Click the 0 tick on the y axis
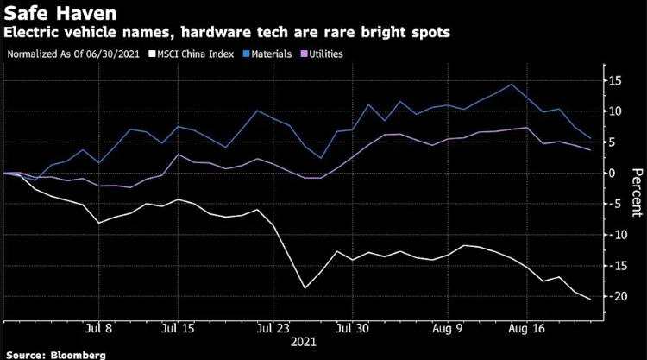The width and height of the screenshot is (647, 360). tap(616, 173)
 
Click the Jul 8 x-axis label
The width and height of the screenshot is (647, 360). tap(99, 328)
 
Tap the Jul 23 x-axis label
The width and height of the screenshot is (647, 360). tap(273, 328)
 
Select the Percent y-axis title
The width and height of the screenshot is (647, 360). tap(637, 192)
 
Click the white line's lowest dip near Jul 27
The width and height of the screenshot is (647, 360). tap(305, 288)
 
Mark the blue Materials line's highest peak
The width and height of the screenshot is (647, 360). tap(512, 85)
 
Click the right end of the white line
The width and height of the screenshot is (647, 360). tap(590, 300)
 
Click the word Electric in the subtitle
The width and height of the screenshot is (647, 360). tap(31, 32)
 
